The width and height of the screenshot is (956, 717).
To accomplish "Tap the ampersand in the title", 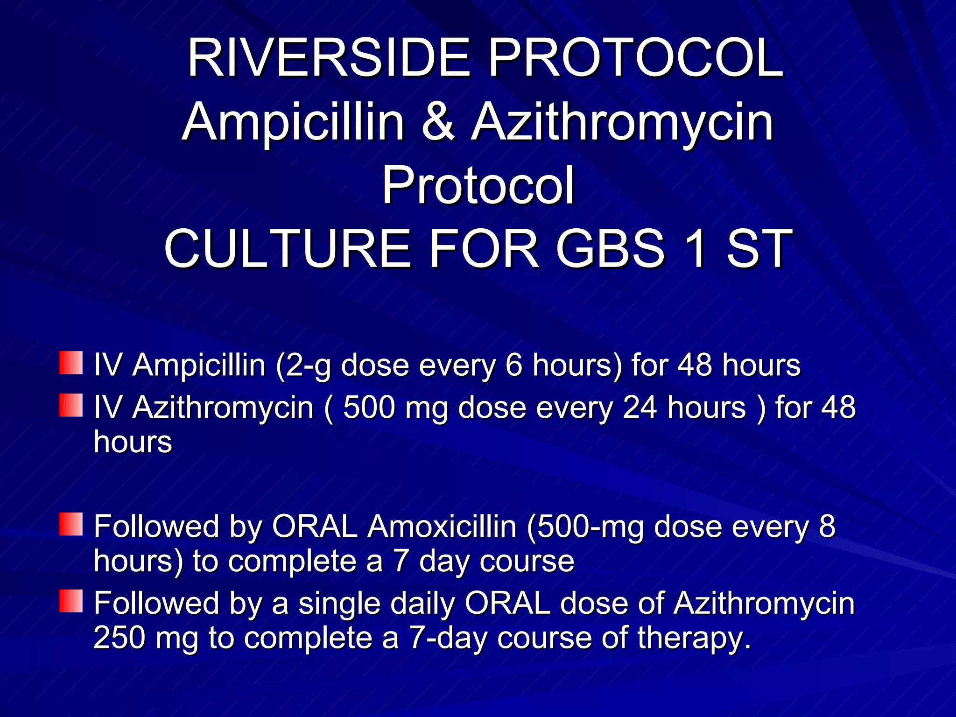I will (x=438, y=122).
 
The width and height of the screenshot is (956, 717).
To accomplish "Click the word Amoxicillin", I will (x=442, y=527).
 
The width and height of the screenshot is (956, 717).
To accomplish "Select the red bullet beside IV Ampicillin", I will (x=71, y=363).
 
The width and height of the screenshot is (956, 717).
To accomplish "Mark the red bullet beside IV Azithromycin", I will (x=71, y=405).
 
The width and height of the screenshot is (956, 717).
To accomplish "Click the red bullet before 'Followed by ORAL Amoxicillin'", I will (x=71, y=524).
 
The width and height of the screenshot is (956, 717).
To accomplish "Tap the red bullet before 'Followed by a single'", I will (x=71, y=601).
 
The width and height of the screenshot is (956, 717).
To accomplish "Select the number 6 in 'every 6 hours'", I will (x=513, y=365).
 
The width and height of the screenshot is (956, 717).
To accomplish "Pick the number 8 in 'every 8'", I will (x=827, y=527).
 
